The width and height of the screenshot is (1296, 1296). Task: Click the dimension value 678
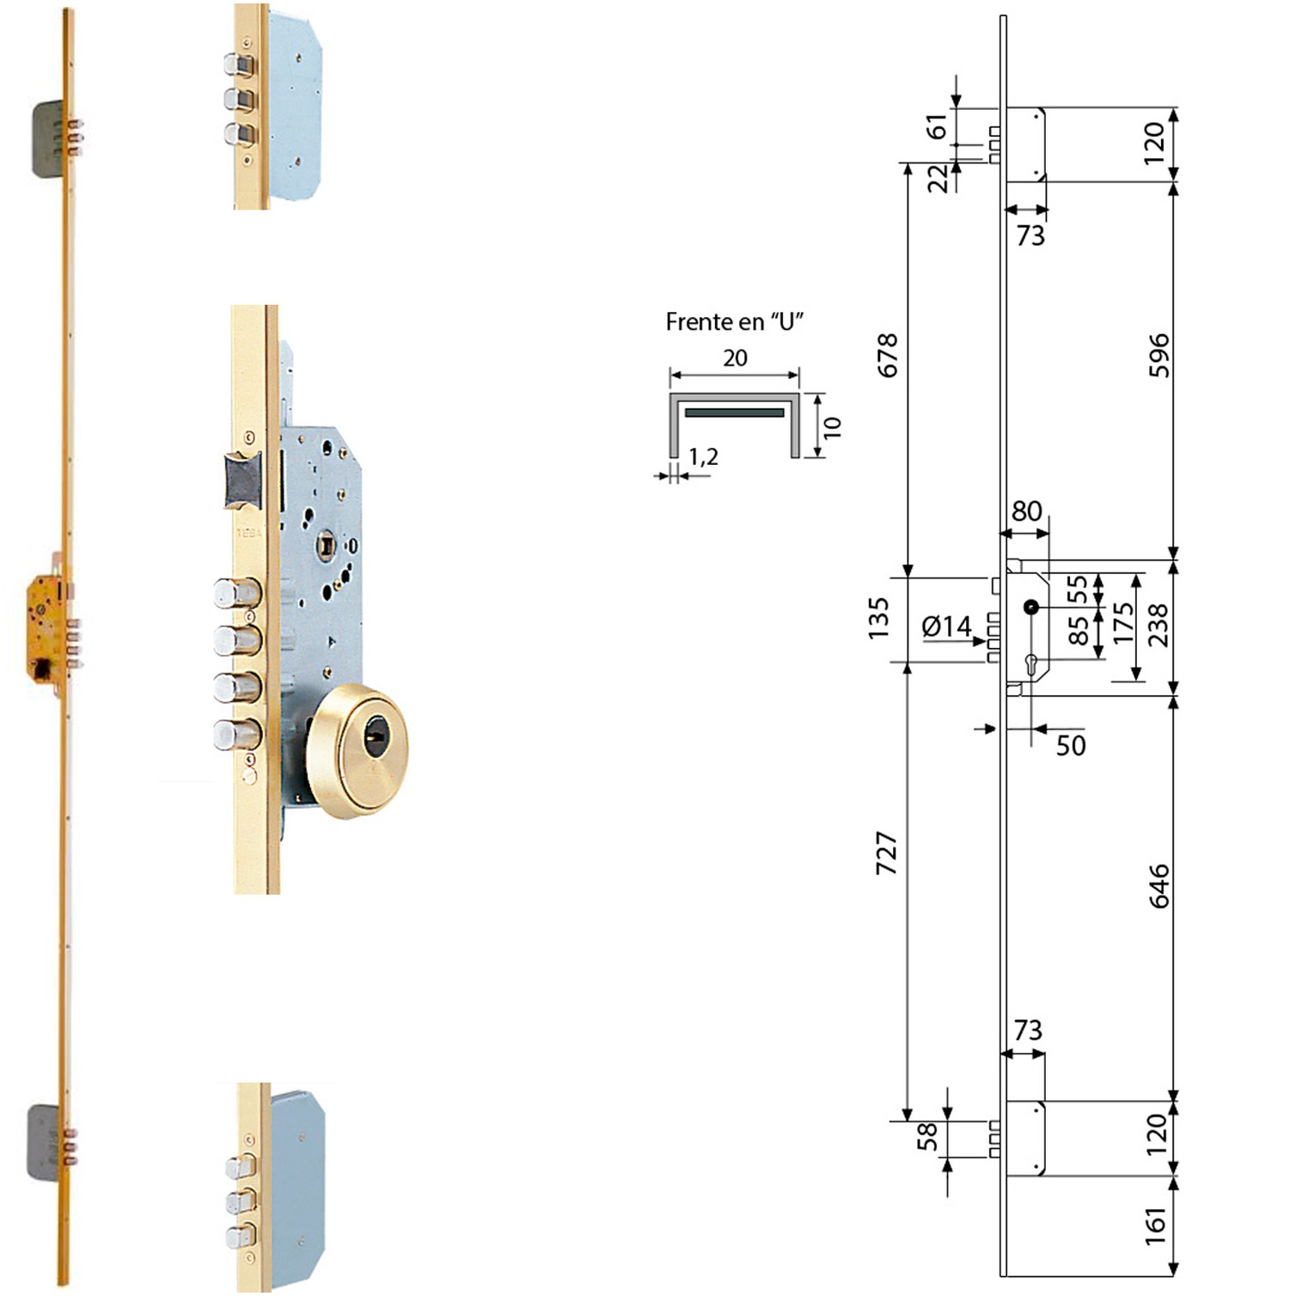click(887, 355)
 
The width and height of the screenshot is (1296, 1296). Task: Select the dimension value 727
click(887, 853)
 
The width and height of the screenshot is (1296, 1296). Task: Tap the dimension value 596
click(1158, 355)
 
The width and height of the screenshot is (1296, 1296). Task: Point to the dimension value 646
click(1158, 886)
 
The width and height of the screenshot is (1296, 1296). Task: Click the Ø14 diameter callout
click(946, 627)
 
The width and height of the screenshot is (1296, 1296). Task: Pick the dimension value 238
click(1158, 625)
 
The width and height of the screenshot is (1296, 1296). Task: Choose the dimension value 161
click(1156, 1226)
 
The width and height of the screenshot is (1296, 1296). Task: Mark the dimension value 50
click(1071, 745)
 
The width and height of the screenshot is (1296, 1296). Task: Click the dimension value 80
click(1026, 511)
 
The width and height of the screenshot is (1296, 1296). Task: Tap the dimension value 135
click(878, 619)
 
